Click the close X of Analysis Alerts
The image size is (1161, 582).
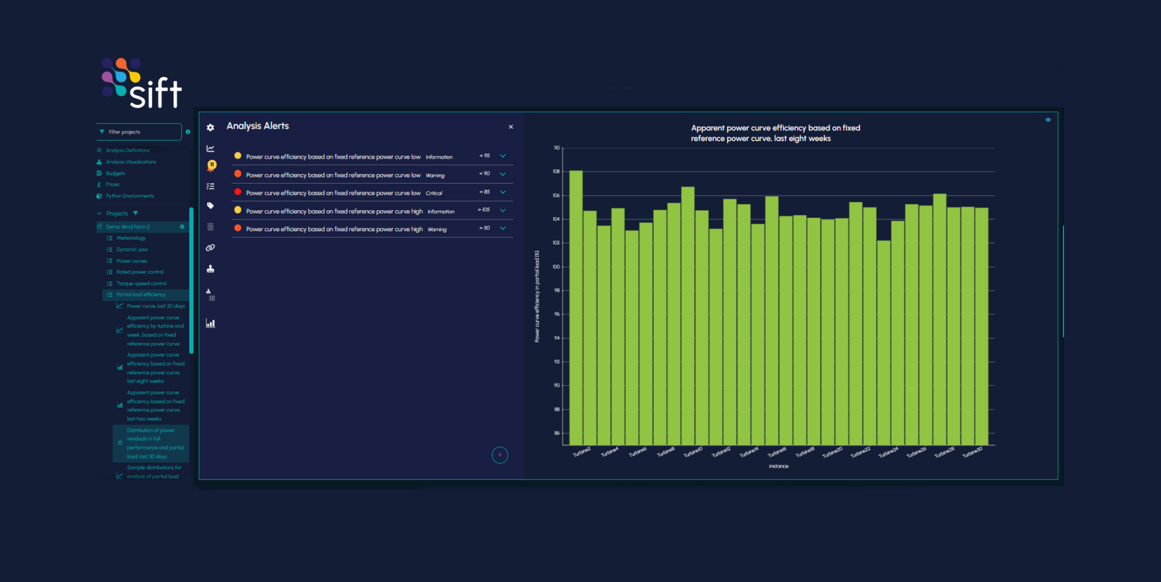(511, 127)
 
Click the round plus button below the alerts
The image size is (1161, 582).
(499, 455)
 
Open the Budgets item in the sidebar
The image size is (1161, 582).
(115, 173)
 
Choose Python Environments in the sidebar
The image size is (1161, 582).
(129, 196)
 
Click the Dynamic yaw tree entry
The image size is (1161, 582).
(132, 249)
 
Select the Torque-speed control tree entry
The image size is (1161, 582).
(141, 283)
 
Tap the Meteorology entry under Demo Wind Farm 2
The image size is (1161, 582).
(131, 238)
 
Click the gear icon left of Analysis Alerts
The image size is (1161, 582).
(210, 128)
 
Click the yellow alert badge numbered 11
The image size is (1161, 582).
(211, 165)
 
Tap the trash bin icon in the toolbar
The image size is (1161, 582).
(210, 227)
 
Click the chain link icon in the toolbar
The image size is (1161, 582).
(210, 248)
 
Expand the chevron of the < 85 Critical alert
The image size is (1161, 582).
(503, 192)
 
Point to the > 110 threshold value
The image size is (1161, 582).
(485, 228)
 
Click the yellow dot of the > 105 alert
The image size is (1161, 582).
(238, 210)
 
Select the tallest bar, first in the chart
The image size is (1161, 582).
(575, 306)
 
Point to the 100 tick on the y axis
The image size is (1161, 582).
(556, 266)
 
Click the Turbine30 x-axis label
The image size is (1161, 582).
(972, 452)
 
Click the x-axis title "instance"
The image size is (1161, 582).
(778, 466)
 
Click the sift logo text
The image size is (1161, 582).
(155, 94)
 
